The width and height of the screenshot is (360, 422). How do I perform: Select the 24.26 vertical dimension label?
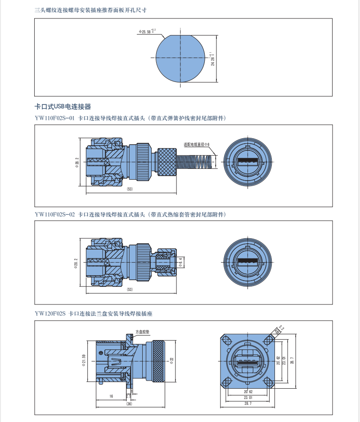click(x=212, y=59)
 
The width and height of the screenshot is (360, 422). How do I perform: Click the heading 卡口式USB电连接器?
click(x=63, y=107)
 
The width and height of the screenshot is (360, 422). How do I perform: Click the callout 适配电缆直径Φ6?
click(x=197, y=144)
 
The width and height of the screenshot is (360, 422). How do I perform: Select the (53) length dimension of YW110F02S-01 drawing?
click(x=130, y=189)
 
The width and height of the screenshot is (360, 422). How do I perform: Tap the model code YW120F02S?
click(x=50, y=313)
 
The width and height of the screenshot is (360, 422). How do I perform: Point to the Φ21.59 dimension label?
click(x=84, y=360)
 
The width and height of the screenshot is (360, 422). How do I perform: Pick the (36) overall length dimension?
click(x=130, y=404)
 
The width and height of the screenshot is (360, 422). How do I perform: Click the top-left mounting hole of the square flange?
click(x=226, y=339)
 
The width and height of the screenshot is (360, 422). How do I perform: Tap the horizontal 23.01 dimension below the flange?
click(x=248, y=398)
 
